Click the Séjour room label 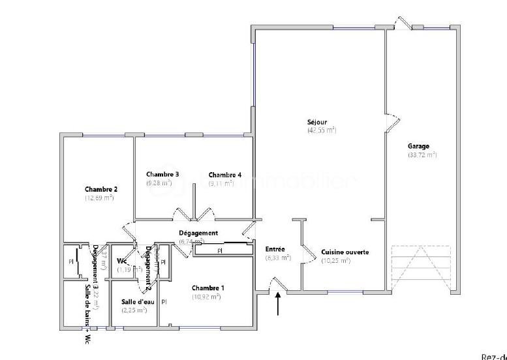pyautogui.click(x=318, y=122)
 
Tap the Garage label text pyautogui.click(x=419, y=146)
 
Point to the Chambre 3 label pyautogui.click(x=162, y=174)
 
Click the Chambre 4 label pyautogui.click(x=225, y=175)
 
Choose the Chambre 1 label pyautogui.click(x=207, y=288)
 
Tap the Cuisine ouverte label pyautogui.click(x=345, y=252)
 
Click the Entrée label pyautogui.click(x=275, y=248)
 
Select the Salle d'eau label pyautogui.click(x=137, y=301)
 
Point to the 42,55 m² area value pyautogui.click(x=322, y=130)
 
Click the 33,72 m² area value pyautogui.click(x=422, y=155)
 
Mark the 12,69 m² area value pyautogui.click(x=99, y=198)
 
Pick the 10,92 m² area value pyautogui.click(x=206, y=297)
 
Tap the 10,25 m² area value pyautogui.click(x=336, y=261)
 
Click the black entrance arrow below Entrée pyautogui.click(x=279, y=304)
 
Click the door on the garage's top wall pyautogui.click(x=403, y=23)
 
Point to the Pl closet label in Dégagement pyautogui.click(x=220, y=250)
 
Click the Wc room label pyautogui.click(x=121, y=261)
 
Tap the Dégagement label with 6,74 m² pyautogui.click(x=198, y=233)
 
